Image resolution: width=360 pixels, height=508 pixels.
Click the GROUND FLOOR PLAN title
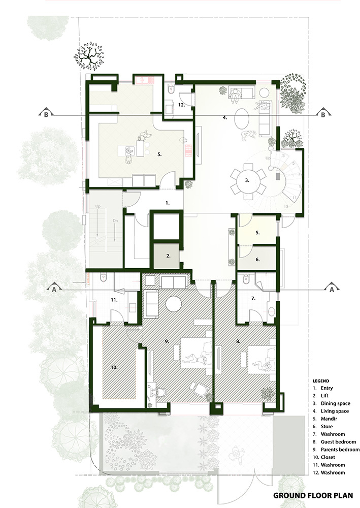(x=313, y=495)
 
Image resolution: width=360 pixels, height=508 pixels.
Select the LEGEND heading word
(x=321, y=381)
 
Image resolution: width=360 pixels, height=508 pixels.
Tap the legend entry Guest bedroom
(x=338, y=442)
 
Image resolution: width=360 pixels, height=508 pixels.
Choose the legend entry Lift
(x=324, y=396)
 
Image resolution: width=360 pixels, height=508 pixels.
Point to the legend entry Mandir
(x=329, y=419)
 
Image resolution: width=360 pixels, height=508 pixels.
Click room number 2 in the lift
(x=169, y=256)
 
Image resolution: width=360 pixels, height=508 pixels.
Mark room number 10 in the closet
(x=114, y=367)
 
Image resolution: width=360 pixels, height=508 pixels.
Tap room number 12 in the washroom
(x=181, y=105)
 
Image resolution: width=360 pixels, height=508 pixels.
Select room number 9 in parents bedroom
(x=167, y=341)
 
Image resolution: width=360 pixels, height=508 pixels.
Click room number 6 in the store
(x=258, y=259)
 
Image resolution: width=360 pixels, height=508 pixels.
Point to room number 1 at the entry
(x=168, y=203)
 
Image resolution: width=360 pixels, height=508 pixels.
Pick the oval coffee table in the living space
(x=242, y=118)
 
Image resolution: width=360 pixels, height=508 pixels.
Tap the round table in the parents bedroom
(x=174, y=304)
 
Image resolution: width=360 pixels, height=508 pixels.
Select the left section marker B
(x=46, y=113)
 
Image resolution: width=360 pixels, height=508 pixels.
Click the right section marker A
(x=331, y=288)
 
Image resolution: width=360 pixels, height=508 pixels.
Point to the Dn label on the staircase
(x=116, y=220)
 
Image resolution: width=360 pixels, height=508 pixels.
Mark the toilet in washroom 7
(x=246, y=278)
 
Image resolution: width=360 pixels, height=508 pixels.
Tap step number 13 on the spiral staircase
(x=286, y=206)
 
